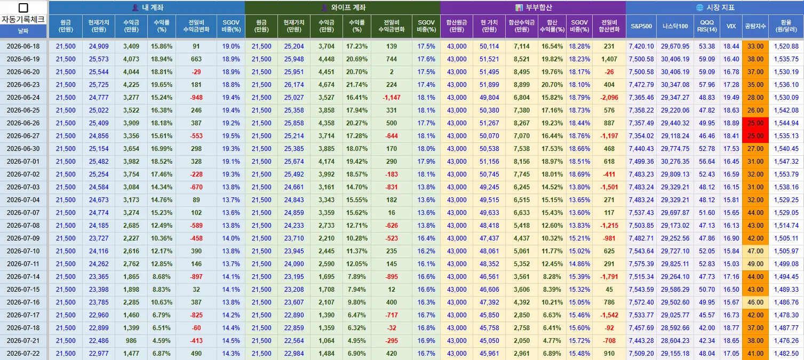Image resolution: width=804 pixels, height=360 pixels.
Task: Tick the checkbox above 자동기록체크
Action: pyautogui.click(x=23, y=7)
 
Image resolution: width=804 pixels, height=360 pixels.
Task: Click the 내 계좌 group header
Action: pyautogui.click(x=147, y=7)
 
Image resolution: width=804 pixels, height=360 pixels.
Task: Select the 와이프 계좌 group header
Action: pyautogui.click(x=343, y=7)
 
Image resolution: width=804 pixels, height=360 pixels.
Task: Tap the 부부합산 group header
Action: pyautogui.click(x=534, y=7)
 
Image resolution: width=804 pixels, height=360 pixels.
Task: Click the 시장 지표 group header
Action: pyautogui.click(x=715, y=7)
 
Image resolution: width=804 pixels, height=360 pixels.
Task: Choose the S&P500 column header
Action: pyautogui.click(x=641, y=26)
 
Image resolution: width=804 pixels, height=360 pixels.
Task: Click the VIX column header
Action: pyautogui.click(x=731, y=26)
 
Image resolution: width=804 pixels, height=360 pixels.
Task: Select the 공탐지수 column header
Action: pyautogui.click(x=755, y=26)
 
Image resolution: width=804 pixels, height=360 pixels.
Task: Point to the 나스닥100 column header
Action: pyautogui.click(x=675, y=26)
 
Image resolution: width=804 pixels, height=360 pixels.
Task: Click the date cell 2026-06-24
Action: pyautogui.click(x=23, y=98)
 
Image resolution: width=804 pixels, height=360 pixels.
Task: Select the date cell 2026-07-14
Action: pyautogui.click(x=23, y=277)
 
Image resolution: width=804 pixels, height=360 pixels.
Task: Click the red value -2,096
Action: pyautogui.click(x=609, y=98)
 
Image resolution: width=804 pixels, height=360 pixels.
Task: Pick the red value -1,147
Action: pyautogui.click(x=392, y=98)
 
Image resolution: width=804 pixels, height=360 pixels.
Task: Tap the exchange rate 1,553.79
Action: pyautogui.click(x=786, y=174)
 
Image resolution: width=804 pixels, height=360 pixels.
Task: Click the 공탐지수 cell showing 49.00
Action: pyautogui.click(x=755, y=264)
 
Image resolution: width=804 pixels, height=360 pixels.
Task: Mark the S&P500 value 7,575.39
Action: pyautogui.click(x=641, y=264)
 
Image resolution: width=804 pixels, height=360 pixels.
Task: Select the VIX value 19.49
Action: pyautogui.click(x=731, y=98)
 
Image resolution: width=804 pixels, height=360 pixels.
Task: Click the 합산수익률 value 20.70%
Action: pyautogui.click(x=552, y=85)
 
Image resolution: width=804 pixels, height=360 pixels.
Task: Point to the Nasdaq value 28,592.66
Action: pyautogui.click(x=675, y=327)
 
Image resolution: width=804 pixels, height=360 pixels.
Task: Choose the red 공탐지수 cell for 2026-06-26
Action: pyautogui.click(x=755, y=123)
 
